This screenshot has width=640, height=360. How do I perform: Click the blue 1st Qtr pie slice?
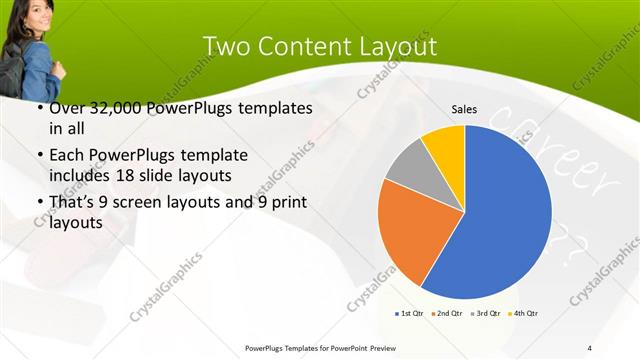coord(500,215)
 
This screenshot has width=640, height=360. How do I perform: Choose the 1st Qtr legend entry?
coord(410,314)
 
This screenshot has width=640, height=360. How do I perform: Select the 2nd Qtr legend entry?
coord(447,314)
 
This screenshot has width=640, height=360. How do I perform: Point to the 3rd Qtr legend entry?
coord(486,314)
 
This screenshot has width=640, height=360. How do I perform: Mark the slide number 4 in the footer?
coord(590,348)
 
